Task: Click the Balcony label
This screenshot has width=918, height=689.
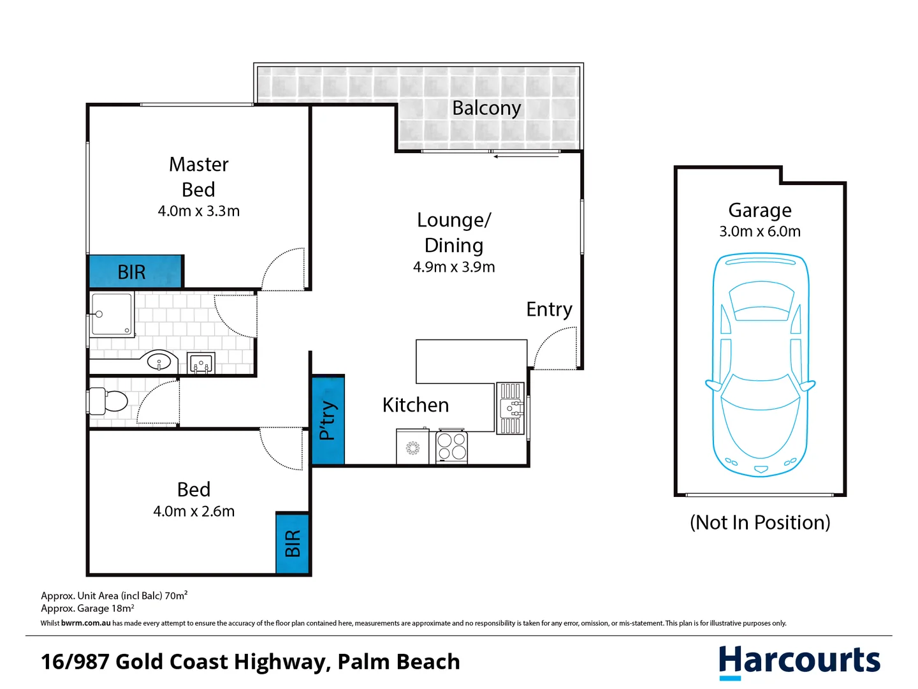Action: pyautogui.click(x=486, y=108)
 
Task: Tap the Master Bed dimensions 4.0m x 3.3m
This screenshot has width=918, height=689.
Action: pyautogui.click(x=199, y=211)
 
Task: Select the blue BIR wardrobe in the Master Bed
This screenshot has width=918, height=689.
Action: pyautogui.click(x=135, y=272)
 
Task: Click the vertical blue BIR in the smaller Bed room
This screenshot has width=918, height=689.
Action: pyautogui.click(x=293, y=544)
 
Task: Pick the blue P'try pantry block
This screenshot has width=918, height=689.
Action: pyautogui.click(x=328, y=420)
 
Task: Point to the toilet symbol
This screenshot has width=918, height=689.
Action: pyautogui.click(x=108, y=401)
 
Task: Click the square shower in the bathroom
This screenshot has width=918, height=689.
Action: pyautogui.click(x=112, y=314)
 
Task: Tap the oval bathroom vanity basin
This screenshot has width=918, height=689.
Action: pyautogui.click(x=159, y=362)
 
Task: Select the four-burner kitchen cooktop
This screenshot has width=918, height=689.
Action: pyautogui.click(x=452, y=447)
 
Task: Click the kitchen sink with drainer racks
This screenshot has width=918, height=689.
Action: pyautogui.click(x=510, y=408)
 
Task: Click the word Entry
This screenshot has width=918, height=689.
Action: pyautogui.click(x=549, y=309)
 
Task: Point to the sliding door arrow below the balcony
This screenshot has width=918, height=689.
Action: pyautogui.click(x=525, y=156)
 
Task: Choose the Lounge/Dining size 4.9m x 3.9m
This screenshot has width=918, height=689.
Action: pyautogui.click(x=454, y=267)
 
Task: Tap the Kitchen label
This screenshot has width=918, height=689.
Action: pyautogui.click(x=416, y=405)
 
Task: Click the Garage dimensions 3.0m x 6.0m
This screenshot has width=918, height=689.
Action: pyautogui.click(x=760, y=232)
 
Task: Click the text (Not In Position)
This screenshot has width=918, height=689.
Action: pyautogui.click(x=760, y=522)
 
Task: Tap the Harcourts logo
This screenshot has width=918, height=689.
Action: pyautogui.click(x=799, y=661)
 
